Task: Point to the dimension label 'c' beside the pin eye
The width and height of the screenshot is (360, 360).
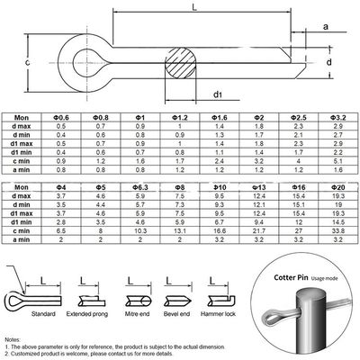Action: pyautogui.click(x=29, y=62)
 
